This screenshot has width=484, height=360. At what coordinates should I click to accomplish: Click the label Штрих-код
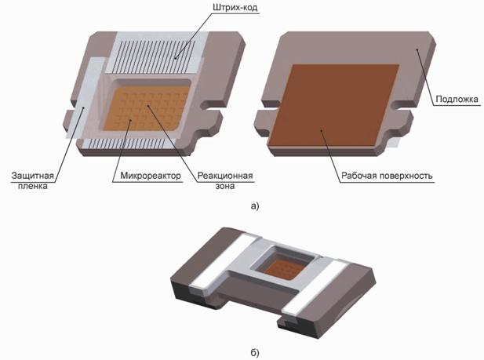coord(235,7)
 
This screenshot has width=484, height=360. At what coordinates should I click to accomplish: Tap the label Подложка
coord(457,99)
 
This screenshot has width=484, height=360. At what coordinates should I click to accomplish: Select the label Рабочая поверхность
coord(387,176)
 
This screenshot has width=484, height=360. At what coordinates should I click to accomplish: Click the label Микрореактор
coord(151,176)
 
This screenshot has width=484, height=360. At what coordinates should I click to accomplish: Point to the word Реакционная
coord(225,176)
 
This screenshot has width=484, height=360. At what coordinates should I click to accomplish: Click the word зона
coord(225,186)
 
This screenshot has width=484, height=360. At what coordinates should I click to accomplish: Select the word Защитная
coord(33,176)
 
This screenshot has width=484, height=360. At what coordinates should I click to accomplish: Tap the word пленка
coord(33,186)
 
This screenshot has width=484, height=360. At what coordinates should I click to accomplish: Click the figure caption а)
coord(255,206)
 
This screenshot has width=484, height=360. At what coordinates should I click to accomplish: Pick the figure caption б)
coord(255,352)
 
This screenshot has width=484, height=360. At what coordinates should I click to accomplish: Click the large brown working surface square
coord(333,105)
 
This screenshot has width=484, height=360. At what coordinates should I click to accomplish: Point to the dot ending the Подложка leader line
coord(417,49)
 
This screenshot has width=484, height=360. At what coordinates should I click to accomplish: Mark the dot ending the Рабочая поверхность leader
coord(322,131)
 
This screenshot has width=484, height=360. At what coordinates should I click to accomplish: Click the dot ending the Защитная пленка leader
coord(83,107)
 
